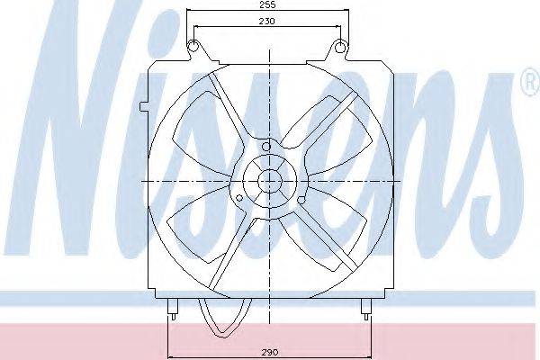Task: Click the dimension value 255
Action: [267, 4]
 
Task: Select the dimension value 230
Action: [267, 21]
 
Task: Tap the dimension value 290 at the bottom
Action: [270, 353]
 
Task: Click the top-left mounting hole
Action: [193, 46]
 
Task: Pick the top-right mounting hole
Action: [340, 46]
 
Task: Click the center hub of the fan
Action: [270, 181]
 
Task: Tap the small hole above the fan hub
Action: [266, 147]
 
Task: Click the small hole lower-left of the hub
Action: [239, 198]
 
